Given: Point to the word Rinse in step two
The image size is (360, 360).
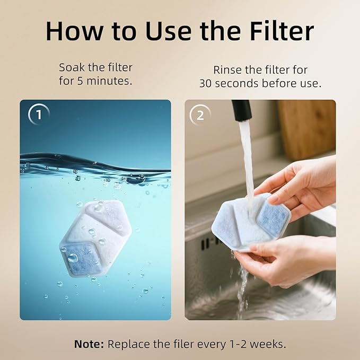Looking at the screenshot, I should [227, 70].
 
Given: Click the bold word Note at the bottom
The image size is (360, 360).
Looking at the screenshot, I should [89, 344].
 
